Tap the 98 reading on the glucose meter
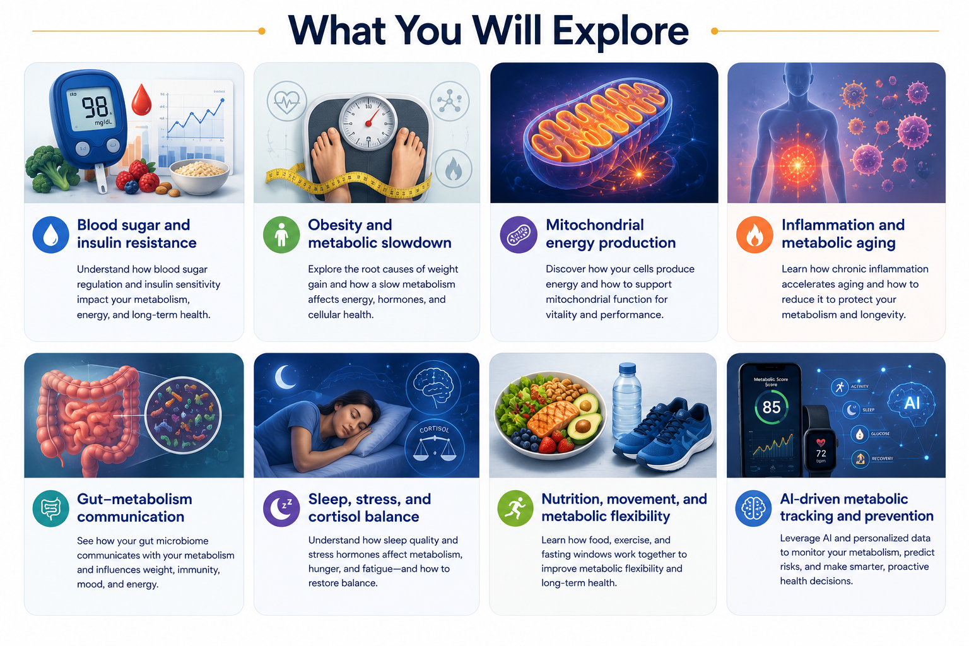pyautogui.click(x=95, y=107)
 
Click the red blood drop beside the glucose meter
pyautogui.click(x=141, y=100)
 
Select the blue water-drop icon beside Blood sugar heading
pyautogui.click(x=50, y=235)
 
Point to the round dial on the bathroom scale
pyautogui.click(x=368, y=122)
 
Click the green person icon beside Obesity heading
pyautogui.click(x=281, y=235)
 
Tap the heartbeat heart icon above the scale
pyautogui.click(x=286, y=101)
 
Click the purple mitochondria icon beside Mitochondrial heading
pyautogui.click(x=518, y=235)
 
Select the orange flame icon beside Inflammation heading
pyautogui.click(x=755, y=235)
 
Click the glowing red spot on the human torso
pyautogui.click(x=797, y=165)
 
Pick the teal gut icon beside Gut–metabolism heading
pyautogui.click(x=50, y=508)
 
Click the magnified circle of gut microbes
pyautogui.click(x=183, y=415)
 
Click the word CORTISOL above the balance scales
pyautogui.click(x=434, y=429)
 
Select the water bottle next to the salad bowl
pyautogui.click(x=626, y=401)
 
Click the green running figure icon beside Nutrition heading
pyautogui.click(x=515, y=508)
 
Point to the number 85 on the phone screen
pyautogui.click(x=772, y=407)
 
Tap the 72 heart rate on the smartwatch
pyautogui.click(x=821, y=453)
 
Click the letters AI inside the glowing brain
pyautogui.click(x=912, y=403)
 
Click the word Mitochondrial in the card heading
pyautogui.click(x=595, y=225)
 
